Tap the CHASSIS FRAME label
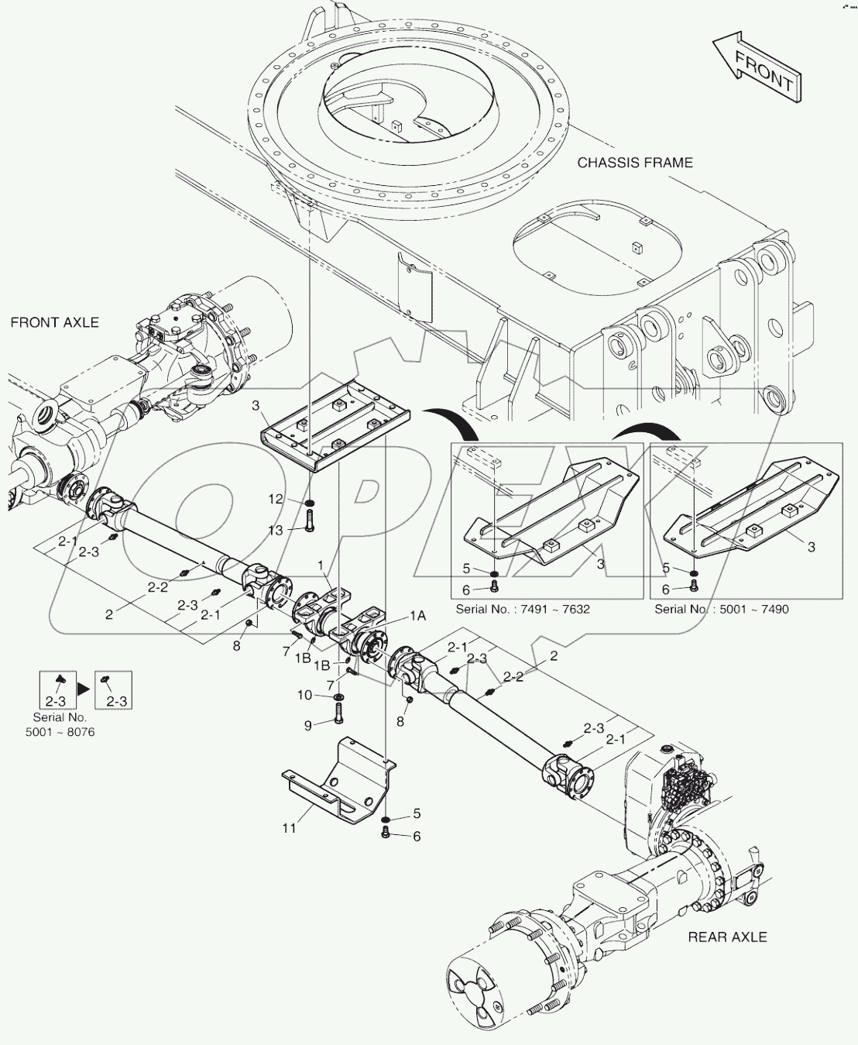pyautogui.click(x=635, y=163)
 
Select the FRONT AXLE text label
pyautogui.click(x=55, y=322)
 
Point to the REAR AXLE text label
pyautogui.click(x=727, y=937)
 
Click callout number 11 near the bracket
pyautogui.click(x=289, y=828)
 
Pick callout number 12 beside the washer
pyautogui.click(x=276, y=500)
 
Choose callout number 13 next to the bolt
pyautogui.click(x=276, y=529)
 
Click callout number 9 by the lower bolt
pyautogui.click(x=307, y=725)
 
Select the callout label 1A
pyautogui.click(x=417, y=615)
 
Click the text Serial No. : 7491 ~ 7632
pyautogui.click(x=523, y=609)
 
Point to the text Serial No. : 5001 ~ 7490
pyautogui.click(x=722, y=609)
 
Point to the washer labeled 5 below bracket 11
pyautogui.click(x=386, y=818)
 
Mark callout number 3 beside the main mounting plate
pyautogui.click(x=256, y=405)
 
